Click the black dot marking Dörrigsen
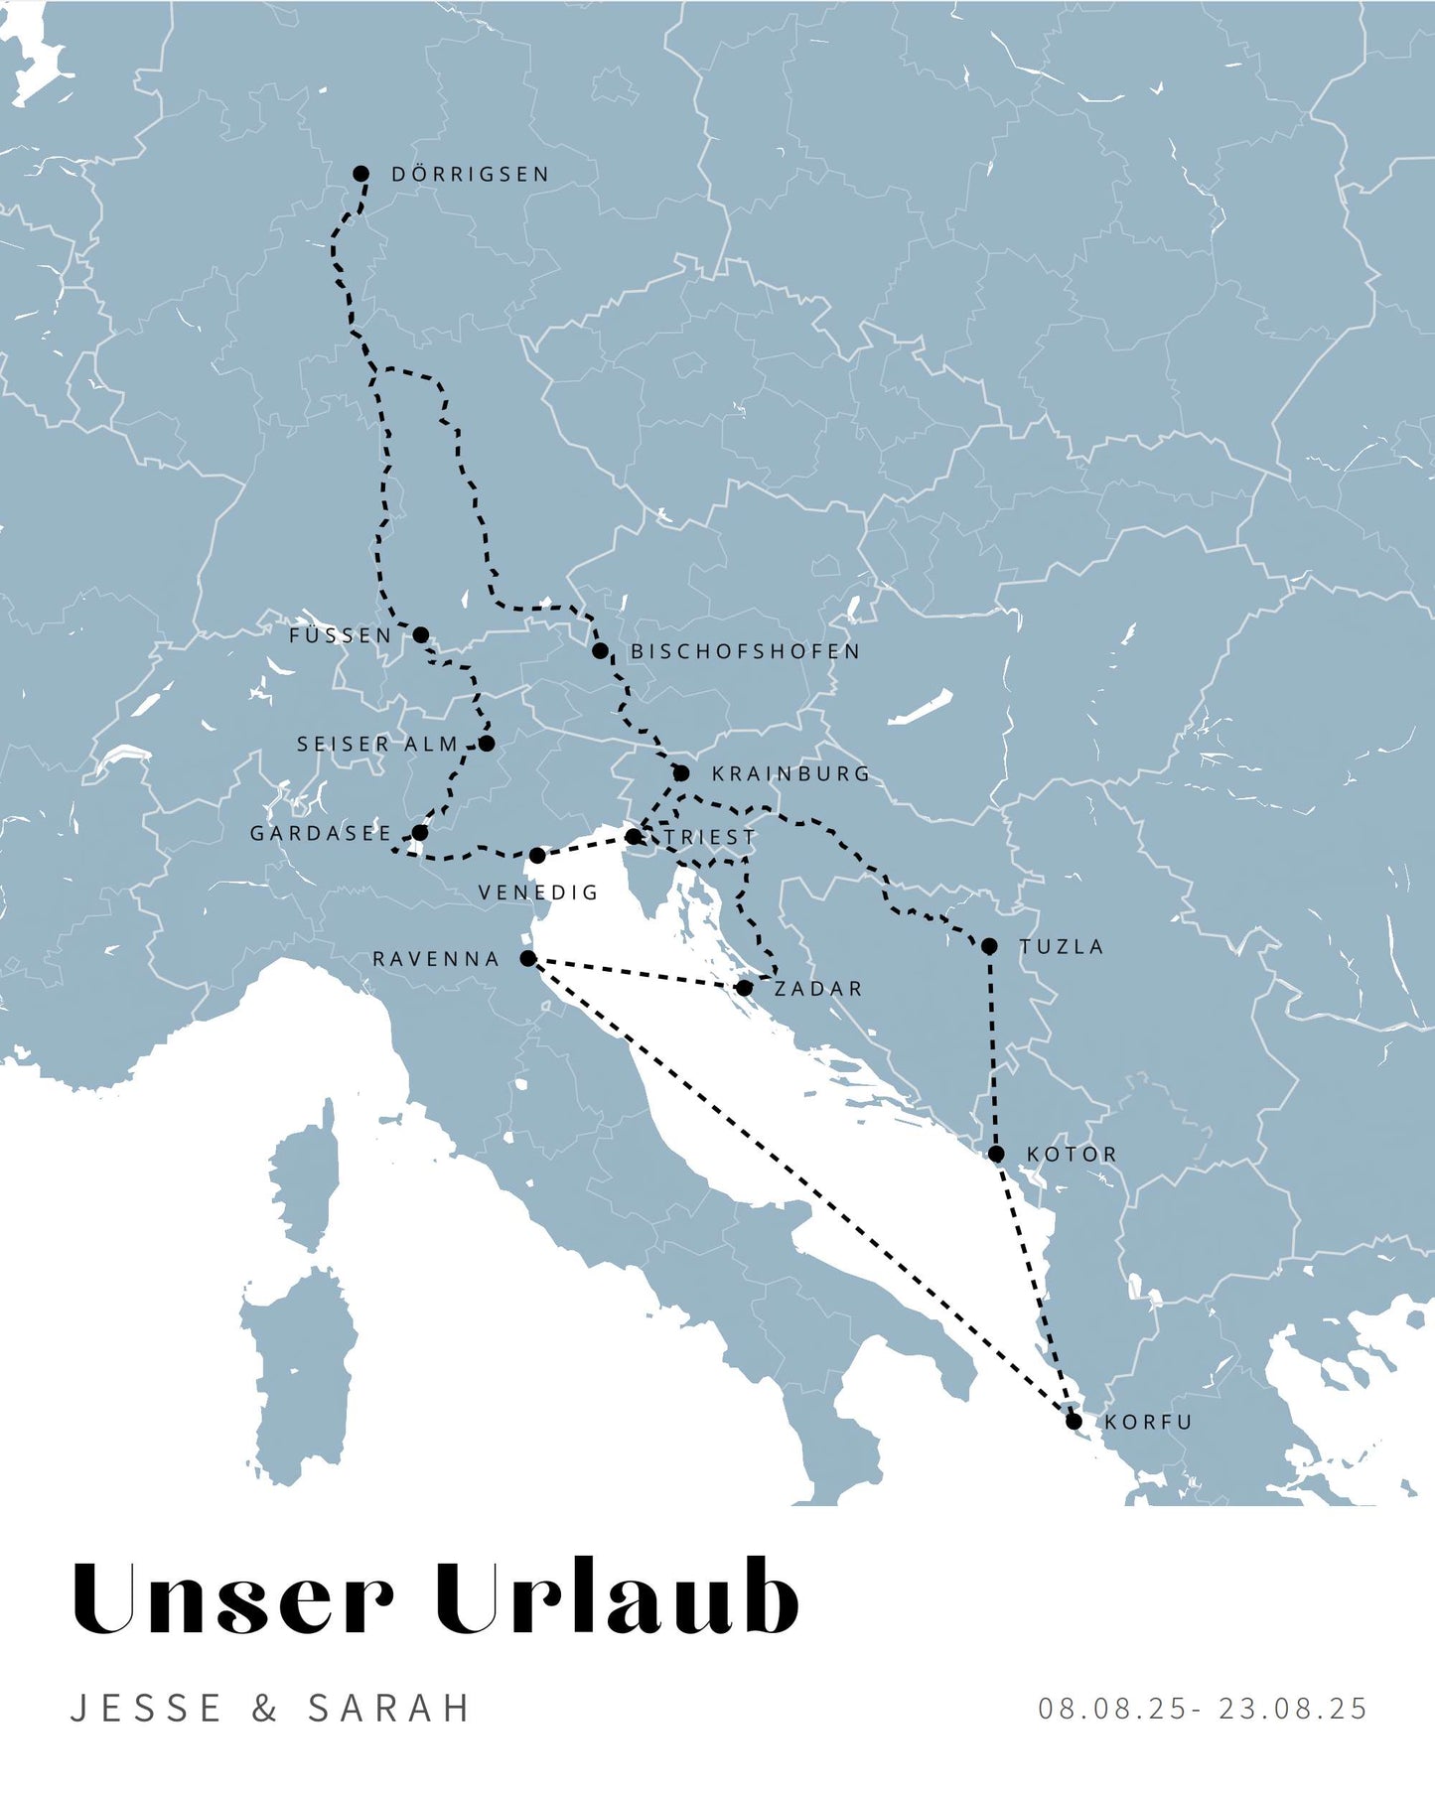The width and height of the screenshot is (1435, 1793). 361,174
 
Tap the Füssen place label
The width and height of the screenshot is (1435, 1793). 341,635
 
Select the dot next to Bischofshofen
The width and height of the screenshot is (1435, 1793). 600,651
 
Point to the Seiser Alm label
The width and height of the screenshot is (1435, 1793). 377,745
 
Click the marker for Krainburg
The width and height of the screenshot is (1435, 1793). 681,773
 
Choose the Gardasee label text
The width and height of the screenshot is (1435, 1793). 321,834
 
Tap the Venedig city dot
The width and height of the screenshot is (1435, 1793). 537,856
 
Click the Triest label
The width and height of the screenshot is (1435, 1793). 710,838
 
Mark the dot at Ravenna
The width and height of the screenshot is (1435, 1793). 528,958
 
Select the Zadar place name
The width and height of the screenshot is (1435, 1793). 818,989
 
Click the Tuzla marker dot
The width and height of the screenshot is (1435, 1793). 989,946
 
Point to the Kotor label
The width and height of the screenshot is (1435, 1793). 1072,1155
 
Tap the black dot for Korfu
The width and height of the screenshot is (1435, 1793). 1074,1422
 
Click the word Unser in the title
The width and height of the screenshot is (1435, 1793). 233,1599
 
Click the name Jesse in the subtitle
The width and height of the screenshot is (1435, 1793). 147,1709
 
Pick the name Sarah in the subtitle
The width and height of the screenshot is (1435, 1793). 389,1709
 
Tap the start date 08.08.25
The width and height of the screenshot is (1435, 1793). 1113,1709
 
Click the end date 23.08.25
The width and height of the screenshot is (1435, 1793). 1294,1709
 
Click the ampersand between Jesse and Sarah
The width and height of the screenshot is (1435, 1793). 264,1709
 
